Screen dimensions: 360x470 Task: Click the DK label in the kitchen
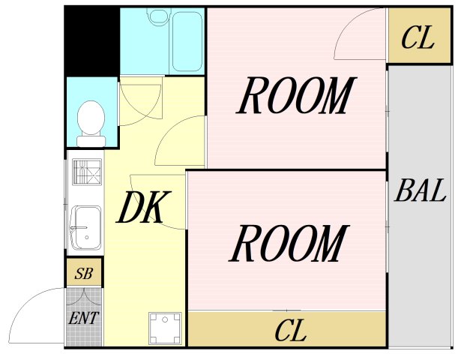tap(142, 208)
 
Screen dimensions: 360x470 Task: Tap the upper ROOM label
tap(295, 97)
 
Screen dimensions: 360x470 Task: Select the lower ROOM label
tap(289, 244)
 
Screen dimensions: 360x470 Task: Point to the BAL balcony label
tap(421, 192)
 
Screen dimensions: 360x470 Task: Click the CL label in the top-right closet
tap(418, 38)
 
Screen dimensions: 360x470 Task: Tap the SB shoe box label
tap(83, 273)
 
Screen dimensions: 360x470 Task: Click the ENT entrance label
tap(84, 317)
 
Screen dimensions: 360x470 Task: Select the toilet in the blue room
tap(91, 121)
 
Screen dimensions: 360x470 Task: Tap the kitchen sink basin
tap(85, 227)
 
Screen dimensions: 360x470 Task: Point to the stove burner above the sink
tap(85, 173)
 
